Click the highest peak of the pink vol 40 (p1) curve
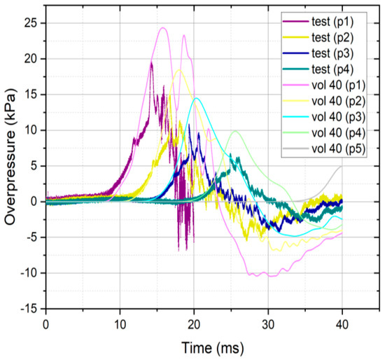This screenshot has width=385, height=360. click(x=162, y=28)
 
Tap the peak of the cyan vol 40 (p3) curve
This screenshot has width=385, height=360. click(x=197, y=98)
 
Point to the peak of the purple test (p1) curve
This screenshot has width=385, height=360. click(x=151, y=62)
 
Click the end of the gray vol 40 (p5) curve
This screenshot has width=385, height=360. click(x=342, y=166)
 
